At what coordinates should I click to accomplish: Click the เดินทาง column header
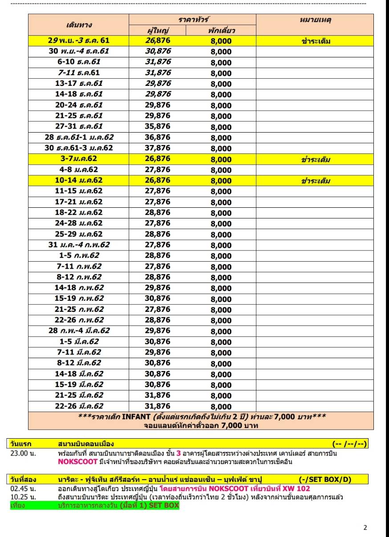[x=78, y=24]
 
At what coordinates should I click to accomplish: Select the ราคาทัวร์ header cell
[x=192, y=20]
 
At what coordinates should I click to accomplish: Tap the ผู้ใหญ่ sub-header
[x=158, y=30]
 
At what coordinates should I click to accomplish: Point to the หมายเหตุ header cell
[x=315, y=20]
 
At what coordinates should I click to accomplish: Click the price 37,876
[x=158, y=148]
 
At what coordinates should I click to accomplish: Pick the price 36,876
[x=158, y=137]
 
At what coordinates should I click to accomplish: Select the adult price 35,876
[x=158, y=126]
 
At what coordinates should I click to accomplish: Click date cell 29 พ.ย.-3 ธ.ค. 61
[x=78, y=40]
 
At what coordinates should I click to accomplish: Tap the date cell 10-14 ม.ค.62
[x=78, y=180]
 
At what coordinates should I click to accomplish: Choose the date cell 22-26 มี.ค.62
[x=78, y=406]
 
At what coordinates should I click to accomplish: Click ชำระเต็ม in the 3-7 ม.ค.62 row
[x=315, y=159]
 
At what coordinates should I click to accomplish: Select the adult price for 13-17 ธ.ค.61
[x=158, y=84]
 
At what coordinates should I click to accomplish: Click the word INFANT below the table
[x=136, y=417]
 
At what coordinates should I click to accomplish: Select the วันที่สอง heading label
[x=23, y=479]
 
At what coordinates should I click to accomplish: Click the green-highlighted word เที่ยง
[x=18, y=505]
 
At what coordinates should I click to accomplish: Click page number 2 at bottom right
[x=365, y=528]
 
